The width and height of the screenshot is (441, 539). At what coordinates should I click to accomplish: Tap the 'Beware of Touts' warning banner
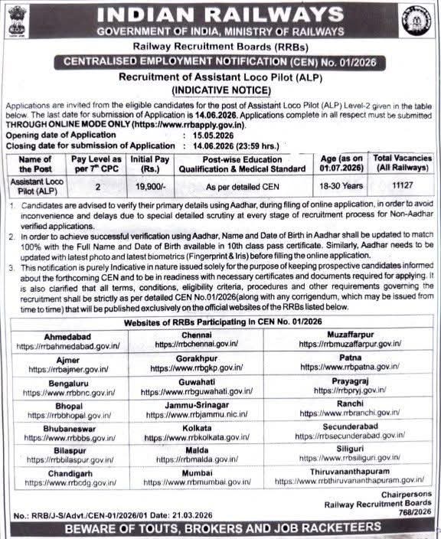click(220, 529)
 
